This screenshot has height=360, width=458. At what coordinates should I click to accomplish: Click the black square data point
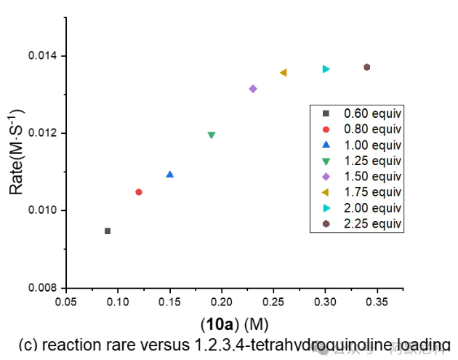pos(108,231)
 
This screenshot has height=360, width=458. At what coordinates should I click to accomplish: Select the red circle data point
pos(139,192)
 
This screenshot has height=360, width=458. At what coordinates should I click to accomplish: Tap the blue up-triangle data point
pos(170,175)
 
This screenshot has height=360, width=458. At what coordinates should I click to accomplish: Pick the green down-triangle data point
pos(212,135)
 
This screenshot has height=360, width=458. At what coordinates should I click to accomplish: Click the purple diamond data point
pos(253,89)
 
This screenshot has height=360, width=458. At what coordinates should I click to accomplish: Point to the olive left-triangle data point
pos(284,73)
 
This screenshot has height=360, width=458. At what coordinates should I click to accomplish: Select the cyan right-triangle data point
pos(326,69)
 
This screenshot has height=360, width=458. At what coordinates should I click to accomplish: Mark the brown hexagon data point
pos(367,67)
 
